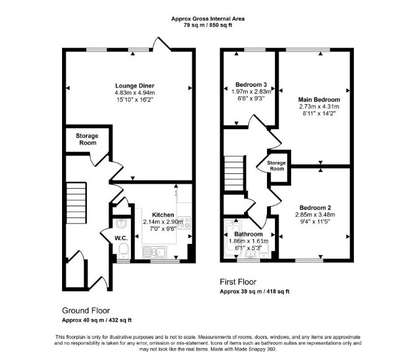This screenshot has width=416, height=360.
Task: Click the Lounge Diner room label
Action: click(x=135, y=86)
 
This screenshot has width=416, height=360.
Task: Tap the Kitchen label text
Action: click(x=163, y=215)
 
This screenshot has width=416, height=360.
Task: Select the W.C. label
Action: click(x=121, y=238)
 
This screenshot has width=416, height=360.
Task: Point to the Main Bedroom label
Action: click(x=319, y=99)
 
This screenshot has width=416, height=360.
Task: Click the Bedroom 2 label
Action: click(x=315, y=208)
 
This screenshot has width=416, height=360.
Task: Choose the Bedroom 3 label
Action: click(x=251, y=84)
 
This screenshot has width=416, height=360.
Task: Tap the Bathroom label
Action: click(x=248, y=234)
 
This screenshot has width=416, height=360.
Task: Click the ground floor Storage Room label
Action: click(x=87, y=139)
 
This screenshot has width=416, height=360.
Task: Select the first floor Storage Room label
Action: click(x=276, y=166)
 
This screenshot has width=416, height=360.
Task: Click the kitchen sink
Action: click(x=155, y=252)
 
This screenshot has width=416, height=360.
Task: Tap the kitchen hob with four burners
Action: click(x=184, y=223)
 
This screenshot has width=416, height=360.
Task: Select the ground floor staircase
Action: click(x=76, y=203)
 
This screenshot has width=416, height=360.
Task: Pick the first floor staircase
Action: click(x=234, y=173)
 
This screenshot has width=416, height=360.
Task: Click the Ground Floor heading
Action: click(x=86, y=310)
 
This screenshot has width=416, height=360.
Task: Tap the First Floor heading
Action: click(x=238, y=282)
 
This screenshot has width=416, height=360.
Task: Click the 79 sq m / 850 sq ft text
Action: click(x=208, y=25)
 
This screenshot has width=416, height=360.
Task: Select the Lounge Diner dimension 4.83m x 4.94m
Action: click(x=135, y=93)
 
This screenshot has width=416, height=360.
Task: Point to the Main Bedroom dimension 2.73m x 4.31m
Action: click(x=319, y=107)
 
